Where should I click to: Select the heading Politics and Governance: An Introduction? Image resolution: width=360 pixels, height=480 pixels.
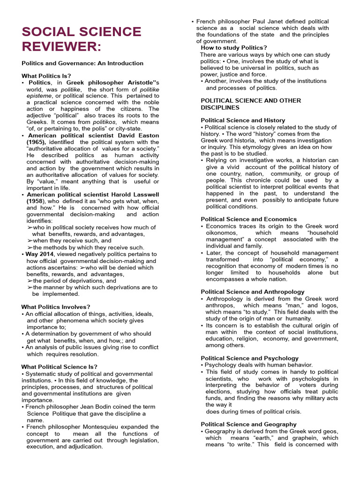point(82,63)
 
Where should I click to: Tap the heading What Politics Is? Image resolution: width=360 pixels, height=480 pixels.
point(46,75)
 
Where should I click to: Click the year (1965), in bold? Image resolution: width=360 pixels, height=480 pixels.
point(36,142)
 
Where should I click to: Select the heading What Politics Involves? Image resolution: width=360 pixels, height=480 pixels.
point(56,307)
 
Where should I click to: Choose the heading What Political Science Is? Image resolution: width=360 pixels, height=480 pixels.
point(60,367)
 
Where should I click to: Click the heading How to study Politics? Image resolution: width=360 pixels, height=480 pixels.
point(234,48)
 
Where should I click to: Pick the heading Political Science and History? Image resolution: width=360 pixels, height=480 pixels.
point(243,120)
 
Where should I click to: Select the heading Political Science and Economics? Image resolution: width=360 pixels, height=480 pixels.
point(248,219)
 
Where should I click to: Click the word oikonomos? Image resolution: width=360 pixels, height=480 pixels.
point(221,232)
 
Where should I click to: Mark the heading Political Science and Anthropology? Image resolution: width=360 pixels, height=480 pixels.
point(253,292)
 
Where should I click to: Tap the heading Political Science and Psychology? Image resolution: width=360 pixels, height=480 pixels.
point(249,358)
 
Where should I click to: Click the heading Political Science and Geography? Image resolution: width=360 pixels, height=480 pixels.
point(248,424)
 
